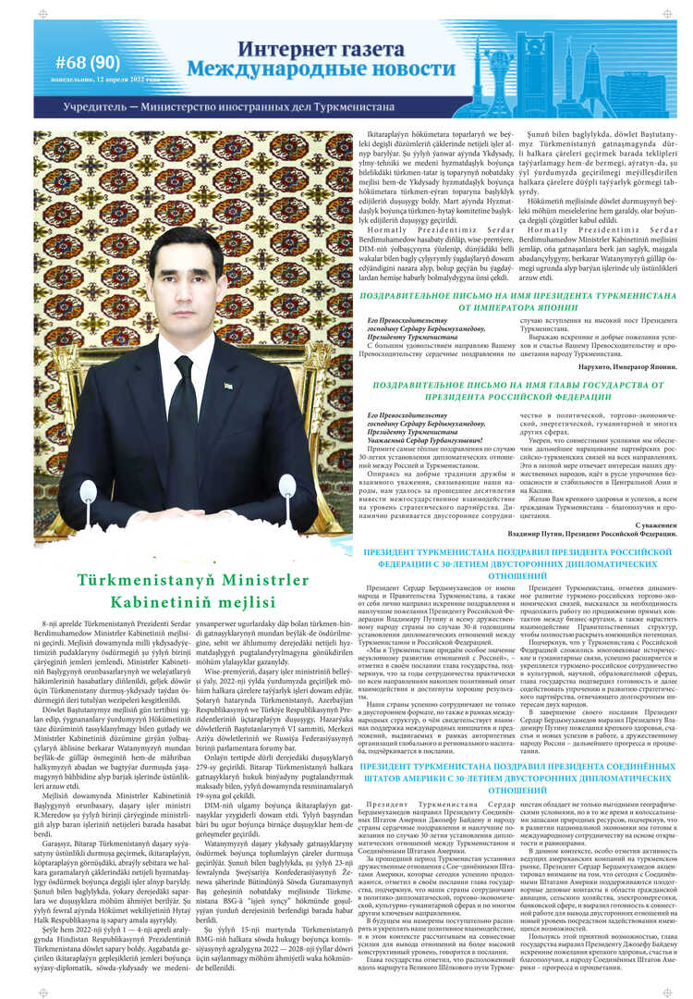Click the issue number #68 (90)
(x=88, y=61)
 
